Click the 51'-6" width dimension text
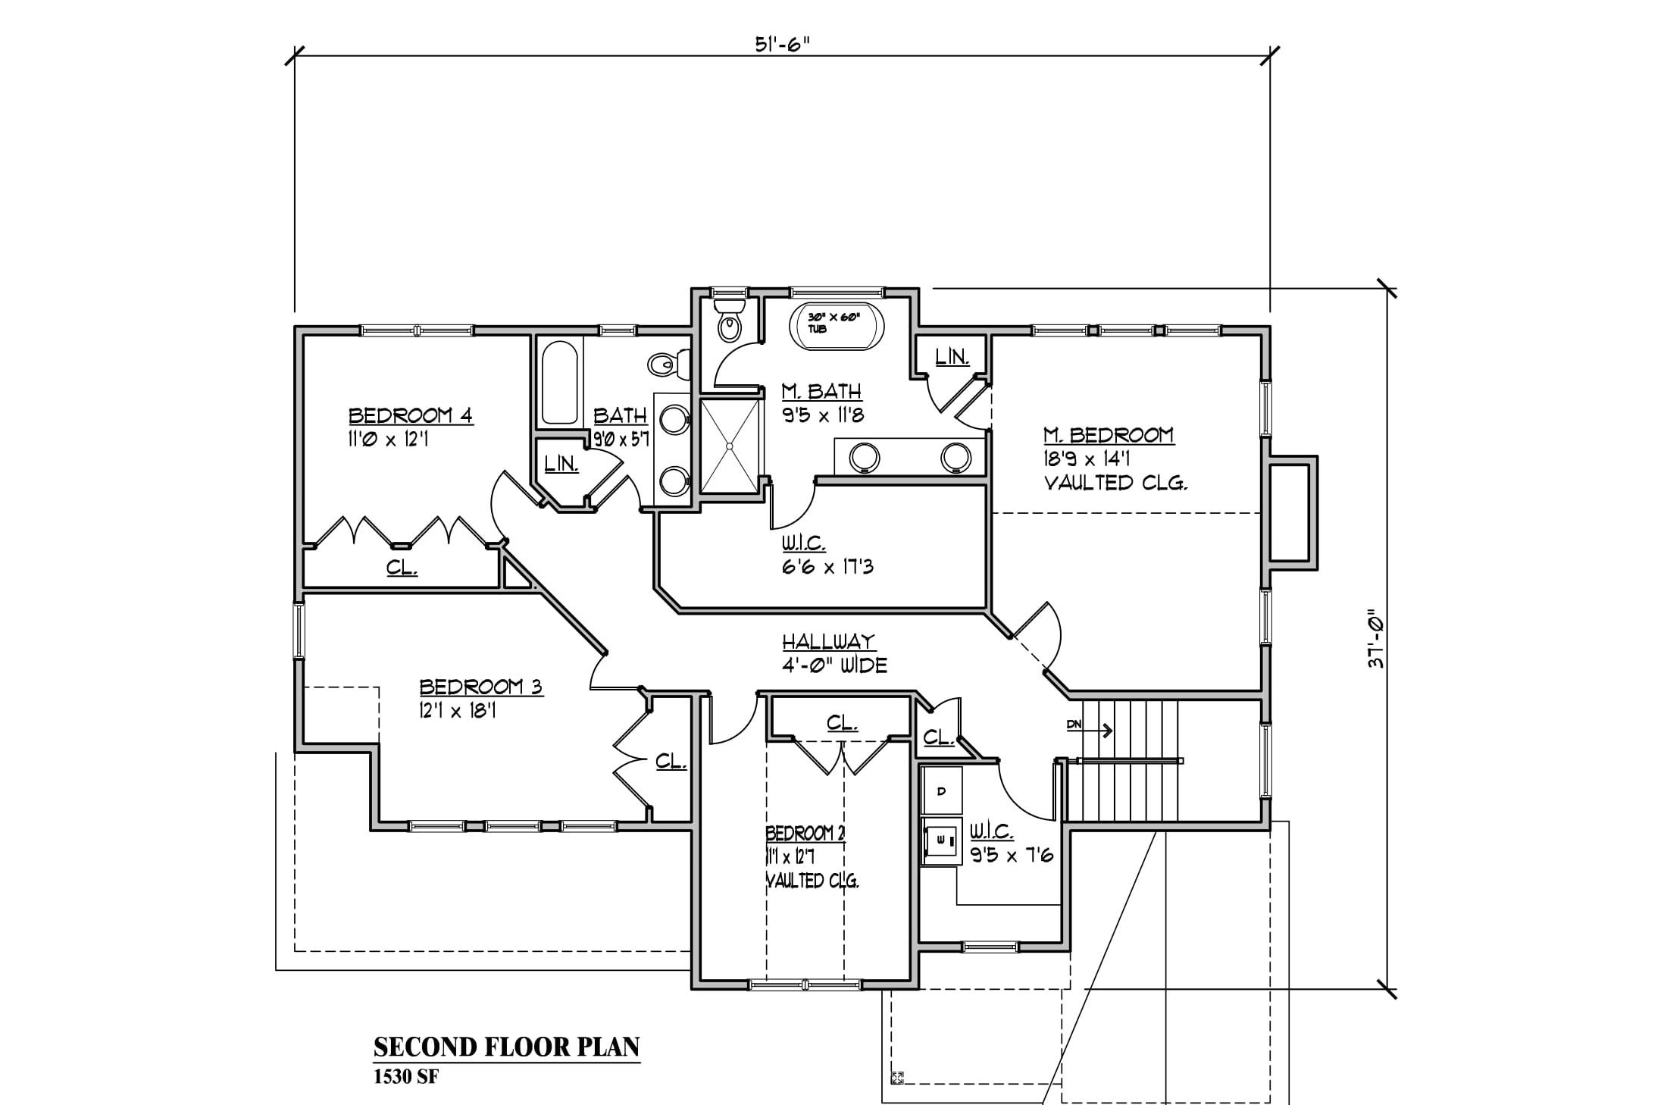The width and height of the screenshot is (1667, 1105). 782,44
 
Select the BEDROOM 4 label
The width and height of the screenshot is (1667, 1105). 411,415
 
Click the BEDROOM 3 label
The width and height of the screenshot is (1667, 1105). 481,687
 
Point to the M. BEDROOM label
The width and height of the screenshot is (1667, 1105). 1109,435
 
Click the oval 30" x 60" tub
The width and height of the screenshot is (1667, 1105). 837,327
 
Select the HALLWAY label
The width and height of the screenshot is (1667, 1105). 829,642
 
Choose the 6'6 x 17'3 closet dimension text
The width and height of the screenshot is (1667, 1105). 827,566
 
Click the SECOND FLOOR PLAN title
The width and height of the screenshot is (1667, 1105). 507,1047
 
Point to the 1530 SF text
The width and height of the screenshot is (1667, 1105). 405,1078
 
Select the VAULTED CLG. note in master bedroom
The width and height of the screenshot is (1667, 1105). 1115,483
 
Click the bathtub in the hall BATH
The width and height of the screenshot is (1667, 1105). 560,383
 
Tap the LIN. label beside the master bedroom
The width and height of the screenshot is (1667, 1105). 952,357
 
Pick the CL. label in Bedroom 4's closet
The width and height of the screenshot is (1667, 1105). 402,567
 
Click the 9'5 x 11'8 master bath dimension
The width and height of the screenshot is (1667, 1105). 823,415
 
